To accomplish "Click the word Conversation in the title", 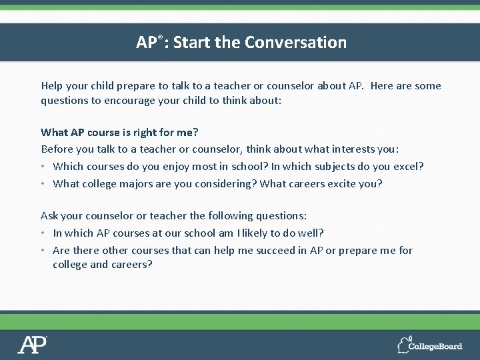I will (295, 43).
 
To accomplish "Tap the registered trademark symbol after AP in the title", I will (159, 37).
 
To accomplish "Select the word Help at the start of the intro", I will (53, 85).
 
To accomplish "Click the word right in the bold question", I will (137, 132).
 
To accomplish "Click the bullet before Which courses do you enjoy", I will (43, 167).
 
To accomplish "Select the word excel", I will (407, 166).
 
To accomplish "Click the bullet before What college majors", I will (43, 184).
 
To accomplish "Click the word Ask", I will (50, 216).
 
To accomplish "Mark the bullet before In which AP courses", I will (43, 233).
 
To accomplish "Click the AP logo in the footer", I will (32, 344).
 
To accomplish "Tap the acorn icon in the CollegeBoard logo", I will (403, 345).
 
